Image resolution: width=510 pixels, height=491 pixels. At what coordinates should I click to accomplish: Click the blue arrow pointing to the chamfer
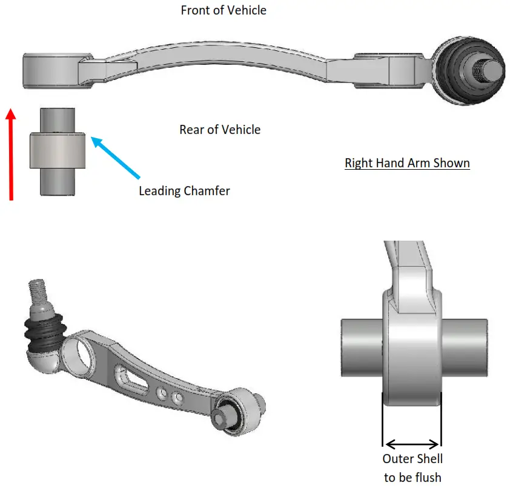point(115,158)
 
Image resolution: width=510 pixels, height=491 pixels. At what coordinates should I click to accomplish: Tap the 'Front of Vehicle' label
point(224,10)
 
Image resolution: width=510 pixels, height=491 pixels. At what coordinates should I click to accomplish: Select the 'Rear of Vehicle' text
point(220,130)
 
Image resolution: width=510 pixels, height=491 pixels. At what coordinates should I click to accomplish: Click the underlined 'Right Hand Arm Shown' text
point(407,163)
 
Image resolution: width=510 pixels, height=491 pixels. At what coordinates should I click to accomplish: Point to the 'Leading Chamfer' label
point(184,191)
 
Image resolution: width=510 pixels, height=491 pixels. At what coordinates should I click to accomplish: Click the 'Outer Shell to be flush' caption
point(412,468)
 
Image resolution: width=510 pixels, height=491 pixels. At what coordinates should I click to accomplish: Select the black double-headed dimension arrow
point(412,444)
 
